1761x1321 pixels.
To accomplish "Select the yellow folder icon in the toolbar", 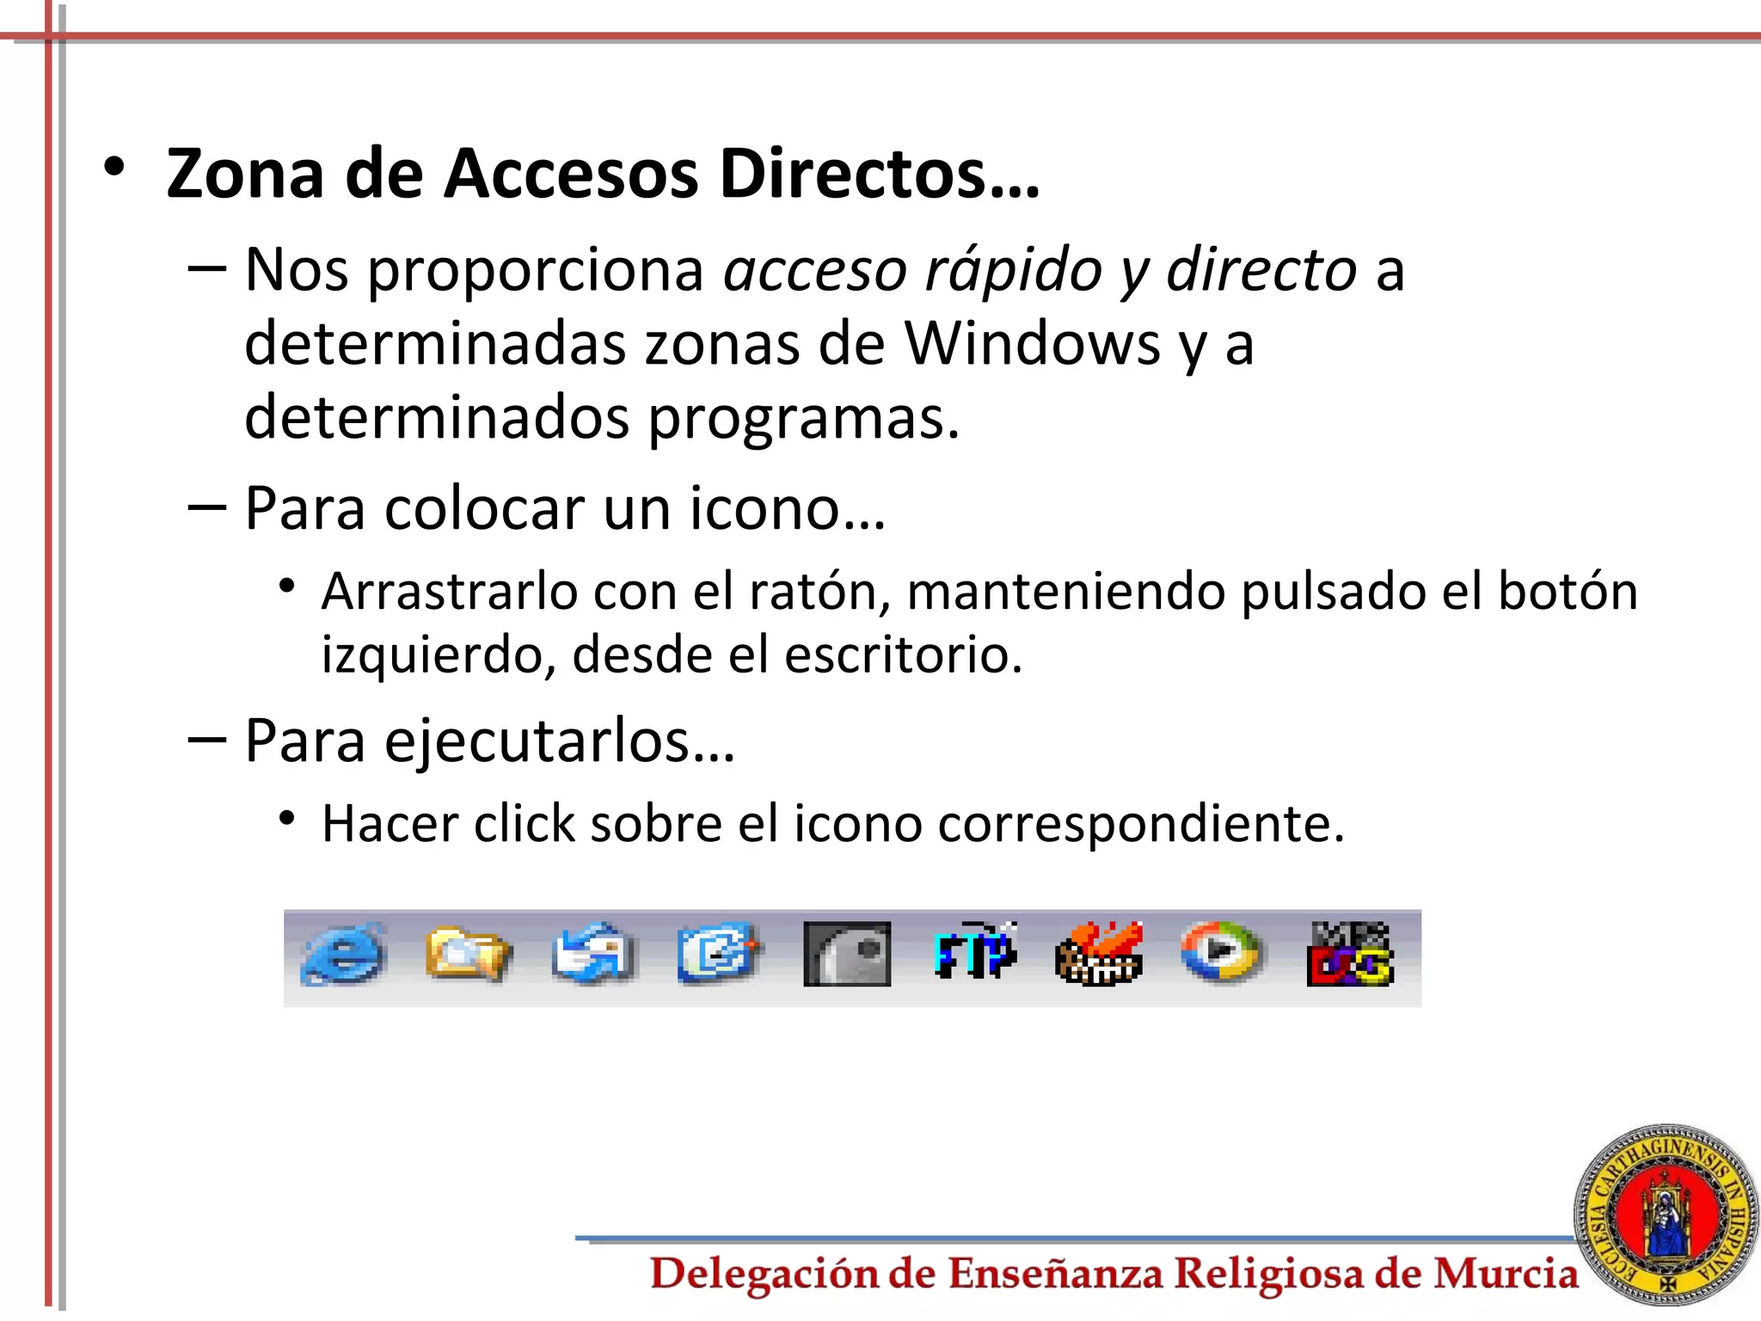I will [x=468, y=954].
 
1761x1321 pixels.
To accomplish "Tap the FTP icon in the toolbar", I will [x=975, y=953].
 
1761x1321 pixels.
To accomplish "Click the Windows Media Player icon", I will [x=1221, y=952].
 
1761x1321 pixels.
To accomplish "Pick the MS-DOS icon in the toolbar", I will [x=1348, y=955].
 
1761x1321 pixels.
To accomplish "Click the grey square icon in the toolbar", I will [x=847, y=954].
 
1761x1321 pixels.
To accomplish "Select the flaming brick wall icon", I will [x=1099, y=954].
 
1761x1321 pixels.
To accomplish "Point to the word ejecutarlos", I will [x=559, y=740].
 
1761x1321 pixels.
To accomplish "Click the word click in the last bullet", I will [x=525, y=824].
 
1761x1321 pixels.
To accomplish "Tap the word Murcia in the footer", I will [x=1505, y=1274].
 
